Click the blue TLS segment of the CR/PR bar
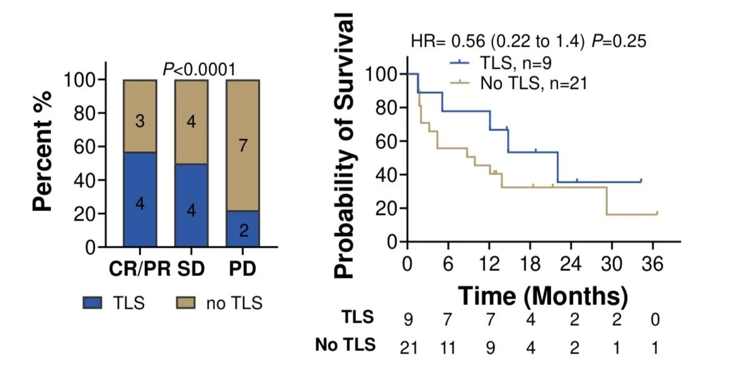pyautogui.click(x=140, y=199)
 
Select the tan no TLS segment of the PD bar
pyautogui.click(x=243, y=145)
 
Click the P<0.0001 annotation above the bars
pyautogui.click(x=199, y=69)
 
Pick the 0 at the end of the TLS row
pyautogui.click(x=655, y=319)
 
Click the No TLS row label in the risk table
pyautogui.click(x=345, y=345)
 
